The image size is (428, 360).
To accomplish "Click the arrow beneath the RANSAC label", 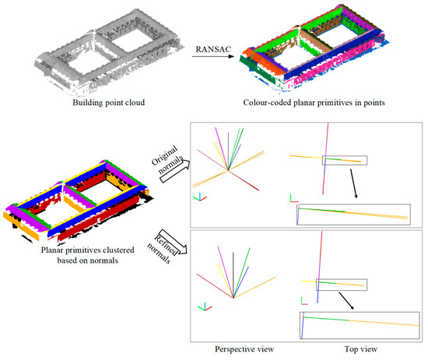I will click(211, 55).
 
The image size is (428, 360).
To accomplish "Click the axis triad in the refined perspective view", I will click(203, 306).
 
